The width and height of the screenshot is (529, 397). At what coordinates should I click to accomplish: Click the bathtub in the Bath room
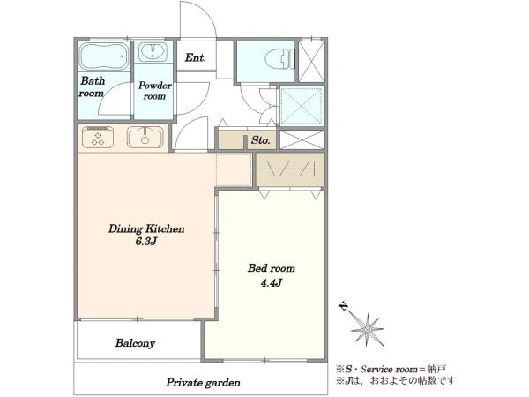(x=104, y=56)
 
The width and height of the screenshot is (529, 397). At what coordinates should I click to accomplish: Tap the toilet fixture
(x=279, y=59)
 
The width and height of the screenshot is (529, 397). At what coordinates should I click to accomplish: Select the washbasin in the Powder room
(x=153, y=52)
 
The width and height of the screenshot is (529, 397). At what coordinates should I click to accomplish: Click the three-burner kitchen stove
(x=98, y=137)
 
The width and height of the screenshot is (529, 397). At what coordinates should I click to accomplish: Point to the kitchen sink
(x=145, y=137)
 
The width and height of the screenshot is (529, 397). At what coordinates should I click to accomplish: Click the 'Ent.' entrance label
(x=195, y=57)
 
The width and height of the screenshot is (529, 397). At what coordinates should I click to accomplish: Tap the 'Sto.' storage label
(x=260, y=139)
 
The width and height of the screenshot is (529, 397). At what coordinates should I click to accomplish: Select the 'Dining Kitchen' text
(x=146, y=228)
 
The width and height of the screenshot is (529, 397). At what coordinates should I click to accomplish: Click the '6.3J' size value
(x=146, y=242)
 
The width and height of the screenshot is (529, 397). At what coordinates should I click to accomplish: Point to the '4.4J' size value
(x=271, y=283)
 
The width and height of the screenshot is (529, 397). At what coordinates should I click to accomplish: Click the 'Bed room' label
(x=272, y=268)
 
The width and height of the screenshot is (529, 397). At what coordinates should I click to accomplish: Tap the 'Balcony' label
(x=135, y=343)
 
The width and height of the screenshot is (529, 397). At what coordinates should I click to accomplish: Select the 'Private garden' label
(x=203, y=383)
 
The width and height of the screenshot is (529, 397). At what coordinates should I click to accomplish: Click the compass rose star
(x=367, y=329)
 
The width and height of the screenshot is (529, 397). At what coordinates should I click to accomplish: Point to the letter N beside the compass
(x=343, y=306)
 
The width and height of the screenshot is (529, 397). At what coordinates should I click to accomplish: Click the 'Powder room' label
(x=154, y=91)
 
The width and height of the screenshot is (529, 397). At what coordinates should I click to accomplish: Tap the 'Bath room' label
(x=92, y=86)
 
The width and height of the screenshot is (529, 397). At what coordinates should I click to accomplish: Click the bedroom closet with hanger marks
(x=290, y=169)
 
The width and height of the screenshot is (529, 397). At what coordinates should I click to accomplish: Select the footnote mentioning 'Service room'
(x=391, y=369)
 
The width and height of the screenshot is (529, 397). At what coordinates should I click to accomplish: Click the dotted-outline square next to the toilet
(x=301, y=106)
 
